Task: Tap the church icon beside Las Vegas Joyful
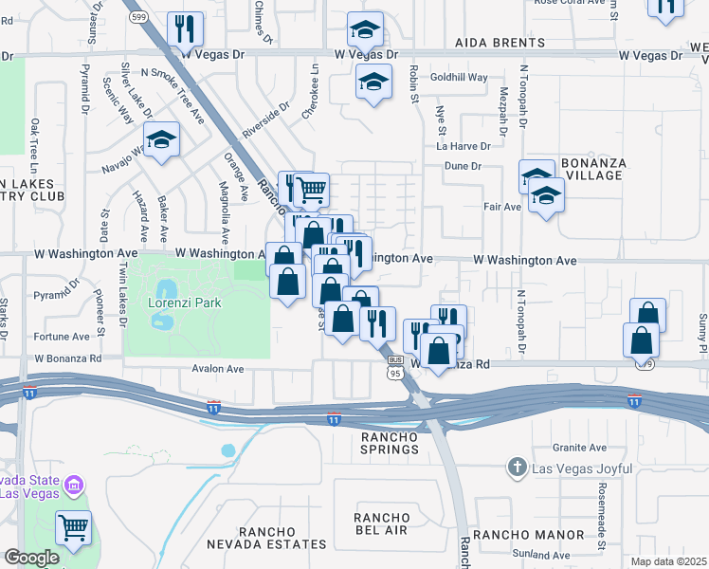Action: tap(517, 467)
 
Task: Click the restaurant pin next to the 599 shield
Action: tap(185, 29)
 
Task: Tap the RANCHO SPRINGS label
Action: tap(389, 443)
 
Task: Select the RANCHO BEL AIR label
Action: tap(382, 524)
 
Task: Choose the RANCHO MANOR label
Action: tap(519, 535)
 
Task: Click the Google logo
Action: tap(31, 558)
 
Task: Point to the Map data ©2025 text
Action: tap(668, 561)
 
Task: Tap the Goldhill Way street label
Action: tap(459, 78)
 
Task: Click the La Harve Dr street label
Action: tap(464, 146)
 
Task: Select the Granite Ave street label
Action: tap(581, 448)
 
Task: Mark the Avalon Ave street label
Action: tap(218, 369)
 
